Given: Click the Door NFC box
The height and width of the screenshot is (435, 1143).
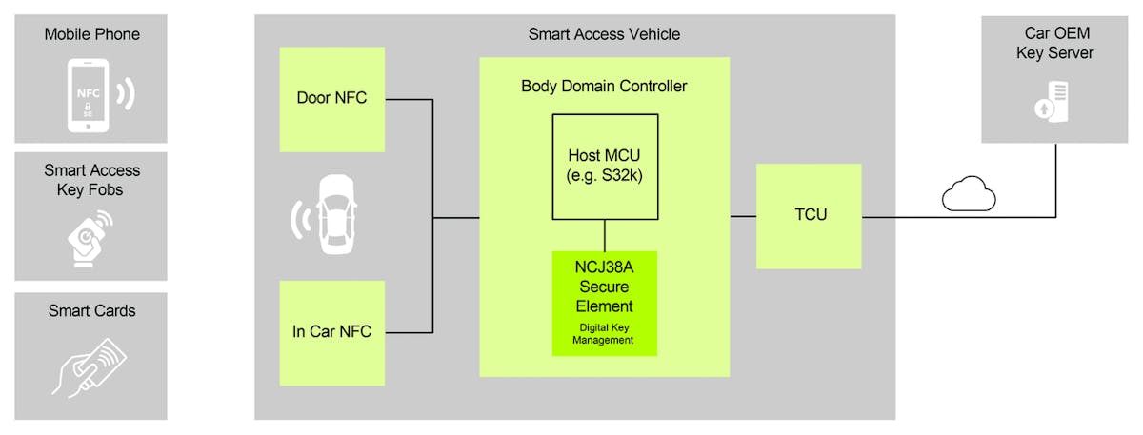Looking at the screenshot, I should (331, 98).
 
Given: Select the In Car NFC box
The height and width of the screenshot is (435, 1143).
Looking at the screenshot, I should (331, 332).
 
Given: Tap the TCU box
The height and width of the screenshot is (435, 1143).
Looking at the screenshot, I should (809, 216).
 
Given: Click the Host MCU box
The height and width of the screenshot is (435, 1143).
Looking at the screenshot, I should (605, 167).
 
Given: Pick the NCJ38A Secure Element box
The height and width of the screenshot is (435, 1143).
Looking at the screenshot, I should (605, 303).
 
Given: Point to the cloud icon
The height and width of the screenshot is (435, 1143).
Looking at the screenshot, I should (969, 196).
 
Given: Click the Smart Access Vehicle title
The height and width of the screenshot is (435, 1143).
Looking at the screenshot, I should (604, 34).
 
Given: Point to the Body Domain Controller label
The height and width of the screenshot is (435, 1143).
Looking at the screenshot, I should (604, 86).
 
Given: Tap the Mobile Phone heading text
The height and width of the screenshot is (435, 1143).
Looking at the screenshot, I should (91, 34).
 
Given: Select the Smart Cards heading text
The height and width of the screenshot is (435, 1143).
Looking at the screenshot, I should (91, 310).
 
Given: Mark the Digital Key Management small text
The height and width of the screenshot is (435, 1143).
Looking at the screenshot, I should (604, 333).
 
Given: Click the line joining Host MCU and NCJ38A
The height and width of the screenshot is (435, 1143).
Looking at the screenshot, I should (605, 234).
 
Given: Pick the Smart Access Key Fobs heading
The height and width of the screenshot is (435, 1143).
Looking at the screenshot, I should (91, 180).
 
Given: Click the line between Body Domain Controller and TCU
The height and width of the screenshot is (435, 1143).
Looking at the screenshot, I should (743, 216).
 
